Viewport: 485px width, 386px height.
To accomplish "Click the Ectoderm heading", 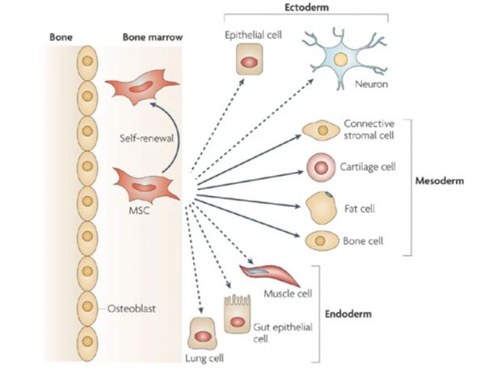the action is pyautogui.click(x=306, y=7).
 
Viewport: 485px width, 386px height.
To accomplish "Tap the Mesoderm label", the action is pyautogui.click(x=439, y=181).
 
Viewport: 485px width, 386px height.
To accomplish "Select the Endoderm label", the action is pyautogui.click(x=348, y=314).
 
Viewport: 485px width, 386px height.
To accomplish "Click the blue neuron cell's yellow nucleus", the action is pyautogui.click(x=340, y=59).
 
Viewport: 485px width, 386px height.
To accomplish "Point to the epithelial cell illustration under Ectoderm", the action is pyautogui.click(x=250, y=59).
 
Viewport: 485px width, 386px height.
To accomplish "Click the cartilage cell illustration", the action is pyautogui.click(x=321, y=167).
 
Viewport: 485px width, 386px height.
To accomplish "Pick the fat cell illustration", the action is pyautogui.click(x=321, y=208).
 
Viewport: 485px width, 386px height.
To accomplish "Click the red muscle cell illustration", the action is pyautogui.click(x=268, y=274).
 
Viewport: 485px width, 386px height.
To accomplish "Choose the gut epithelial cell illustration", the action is pyautogui.click(x=237, y=314).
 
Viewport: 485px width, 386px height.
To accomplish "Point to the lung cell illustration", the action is pyautogui.click(x=203, y=334).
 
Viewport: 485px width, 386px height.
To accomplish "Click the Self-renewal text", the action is pyautogui.click(x=146, y=138).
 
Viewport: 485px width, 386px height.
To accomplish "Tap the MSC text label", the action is pyautogui.click(x=139, y=211).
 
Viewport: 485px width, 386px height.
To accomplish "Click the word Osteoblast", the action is pyautogui.click(x=132, y=308).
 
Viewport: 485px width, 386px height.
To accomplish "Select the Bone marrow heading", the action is pyautogui.click(x=153, y=37).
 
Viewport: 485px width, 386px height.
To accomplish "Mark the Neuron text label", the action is pyautogui.click(x=371, y=84).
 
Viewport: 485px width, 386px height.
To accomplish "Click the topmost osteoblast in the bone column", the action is pyautogui.click(x=87, y=63).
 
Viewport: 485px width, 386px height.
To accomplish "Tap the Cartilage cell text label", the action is pyautogui.click(x=368, y=167).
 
